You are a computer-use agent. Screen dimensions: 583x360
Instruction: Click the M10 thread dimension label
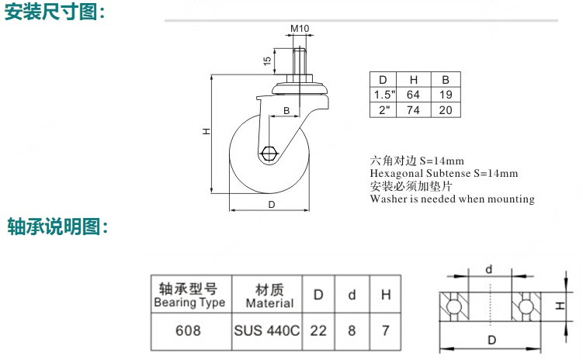click(x=300, y=28)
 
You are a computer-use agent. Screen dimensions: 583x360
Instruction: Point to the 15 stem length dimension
click(x=267, y=61)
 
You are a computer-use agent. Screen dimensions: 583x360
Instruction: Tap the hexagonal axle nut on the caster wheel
click(x=269, y=154)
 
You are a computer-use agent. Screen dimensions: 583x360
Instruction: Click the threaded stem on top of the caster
click(x=299, y=61)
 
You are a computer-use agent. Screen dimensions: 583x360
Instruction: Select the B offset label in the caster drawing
click(x=286, y=111)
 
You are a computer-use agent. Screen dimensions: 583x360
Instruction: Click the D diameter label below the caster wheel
click(x=272, y=204)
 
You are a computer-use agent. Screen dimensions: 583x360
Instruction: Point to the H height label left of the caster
click(x=206, y=131)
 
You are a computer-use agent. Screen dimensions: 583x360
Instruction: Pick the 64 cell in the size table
click(x=413, y=95)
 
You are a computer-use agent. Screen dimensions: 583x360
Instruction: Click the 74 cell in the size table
click(x=413, y=110)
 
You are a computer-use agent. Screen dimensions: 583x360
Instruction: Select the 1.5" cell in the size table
click(x=384, y=95)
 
